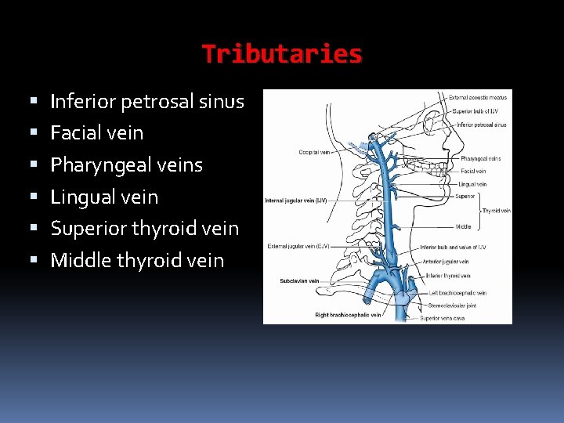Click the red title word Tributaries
(282, 54)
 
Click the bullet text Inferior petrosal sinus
(147, 101)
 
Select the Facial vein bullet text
(97, 133)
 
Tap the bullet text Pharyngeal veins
(127, 165)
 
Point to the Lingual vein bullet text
(104, 197)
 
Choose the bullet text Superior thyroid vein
(145, 229)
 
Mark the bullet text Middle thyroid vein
(137, 261)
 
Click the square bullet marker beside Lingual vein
(33, 197)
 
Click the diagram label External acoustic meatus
(477, 98)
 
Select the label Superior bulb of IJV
(472, 111)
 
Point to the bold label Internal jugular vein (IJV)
(295, 201)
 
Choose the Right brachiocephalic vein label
(348, 315)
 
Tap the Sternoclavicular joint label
(452, 305)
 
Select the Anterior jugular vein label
(445, 262)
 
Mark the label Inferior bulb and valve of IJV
(453, 247)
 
